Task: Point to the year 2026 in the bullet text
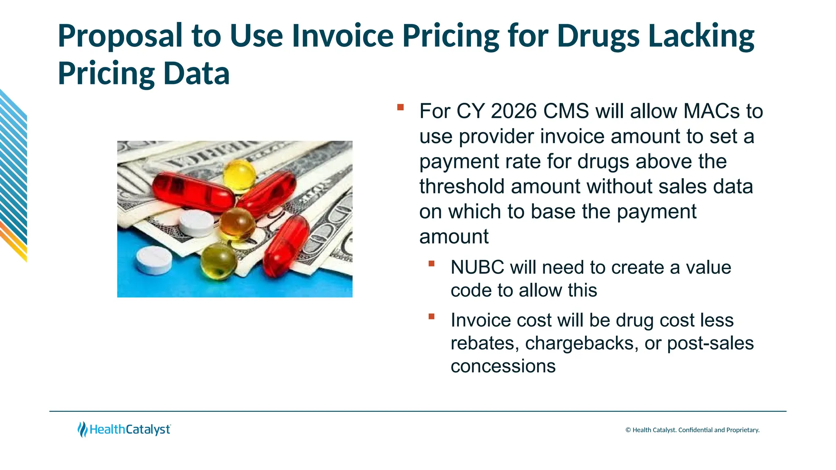pyautogui.click(x=514, y=111)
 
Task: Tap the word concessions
pyautogui.click(x=503, y=366)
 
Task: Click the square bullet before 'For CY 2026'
pyautogui.click(x=400, y=107)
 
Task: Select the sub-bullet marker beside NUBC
pyautogui.click(x=431, y=264)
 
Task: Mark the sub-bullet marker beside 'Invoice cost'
pyautogui.click(x=431, y=316)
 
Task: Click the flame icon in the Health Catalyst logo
pyautogui.click(x=82, y=429)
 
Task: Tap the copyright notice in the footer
pyautogui.click(x=692, y=430)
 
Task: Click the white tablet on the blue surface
pyautogui.click(x=154, y=260)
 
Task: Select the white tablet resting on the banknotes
pyautogui.click(x=196, y=223)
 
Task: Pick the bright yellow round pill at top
pyautogui.click(x=239, y=175)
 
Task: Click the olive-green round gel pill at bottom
pyautogui.click(x=218, y=261)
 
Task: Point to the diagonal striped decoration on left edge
pyautogui.click(x=13, y=175)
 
